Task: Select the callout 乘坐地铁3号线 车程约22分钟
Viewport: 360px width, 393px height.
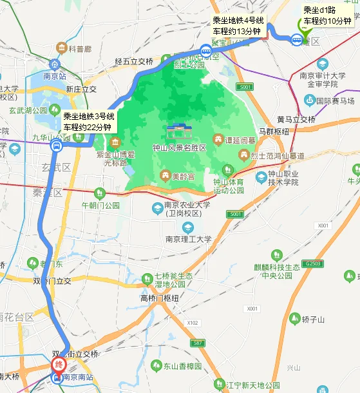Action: (90, 122)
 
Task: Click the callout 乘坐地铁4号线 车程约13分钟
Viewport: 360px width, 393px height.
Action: (238, 26)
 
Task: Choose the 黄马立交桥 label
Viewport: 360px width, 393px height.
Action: (296, 120)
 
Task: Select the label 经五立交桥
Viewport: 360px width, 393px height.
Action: (134, 62)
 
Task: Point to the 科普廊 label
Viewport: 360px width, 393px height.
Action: (81, 48)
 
